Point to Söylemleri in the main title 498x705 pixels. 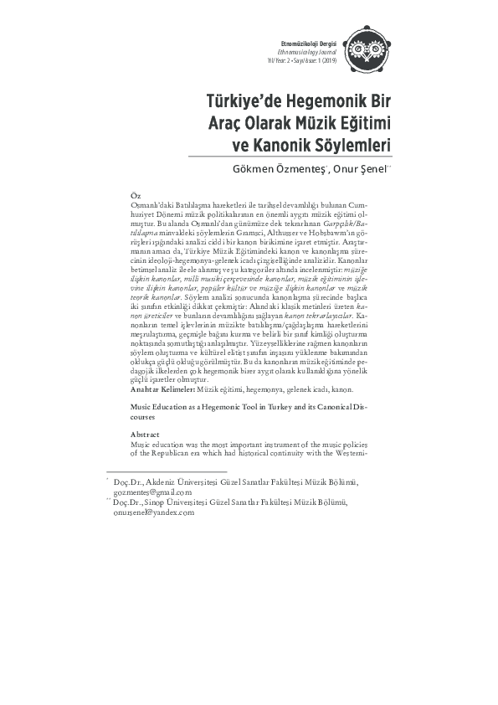[x=352, y=144]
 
